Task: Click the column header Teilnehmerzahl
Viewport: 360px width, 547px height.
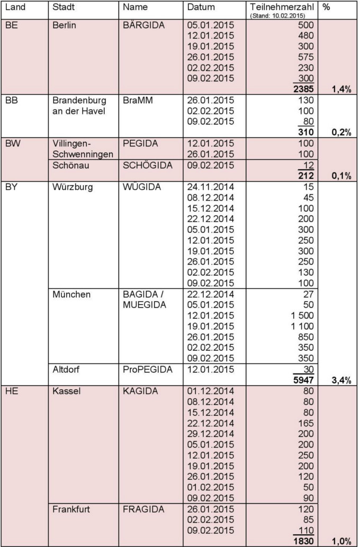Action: click(282, 7)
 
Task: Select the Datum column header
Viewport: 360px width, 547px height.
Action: click(201, 7)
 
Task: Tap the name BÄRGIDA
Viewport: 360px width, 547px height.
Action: click(143, 25)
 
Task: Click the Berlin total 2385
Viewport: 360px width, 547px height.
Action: click(302, 89)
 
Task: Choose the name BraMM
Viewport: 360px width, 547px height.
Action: click(138, 100)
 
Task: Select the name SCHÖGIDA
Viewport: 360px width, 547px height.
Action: click(147, 165)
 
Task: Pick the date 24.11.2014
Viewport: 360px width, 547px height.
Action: click(210, 187)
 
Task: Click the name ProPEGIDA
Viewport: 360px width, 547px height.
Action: click(147, 369)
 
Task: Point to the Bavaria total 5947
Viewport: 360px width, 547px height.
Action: click(302, 380)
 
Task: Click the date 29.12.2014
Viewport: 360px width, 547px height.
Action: click(210, 434)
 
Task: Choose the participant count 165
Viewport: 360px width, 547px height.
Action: click(305, 423)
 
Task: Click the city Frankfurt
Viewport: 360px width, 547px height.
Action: click(71, 509)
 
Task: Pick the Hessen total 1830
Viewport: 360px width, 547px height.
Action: click(302, 541)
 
